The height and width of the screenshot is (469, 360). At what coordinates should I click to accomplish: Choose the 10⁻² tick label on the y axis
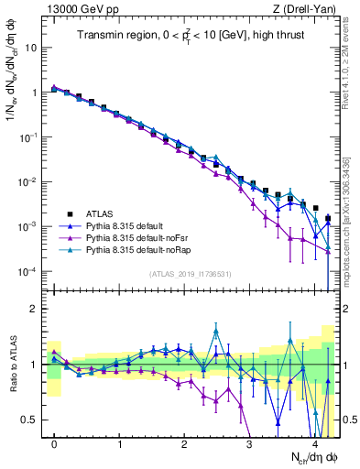point(29,181)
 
